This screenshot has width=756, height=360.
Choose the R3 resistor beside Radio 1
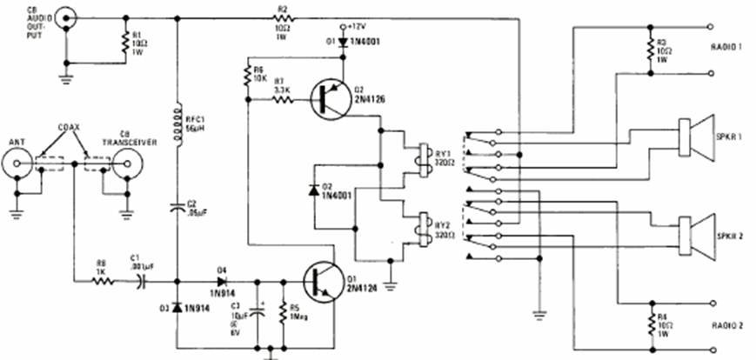pos(651,51)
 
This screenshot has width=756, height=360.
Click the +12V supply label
pos(357,26)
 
